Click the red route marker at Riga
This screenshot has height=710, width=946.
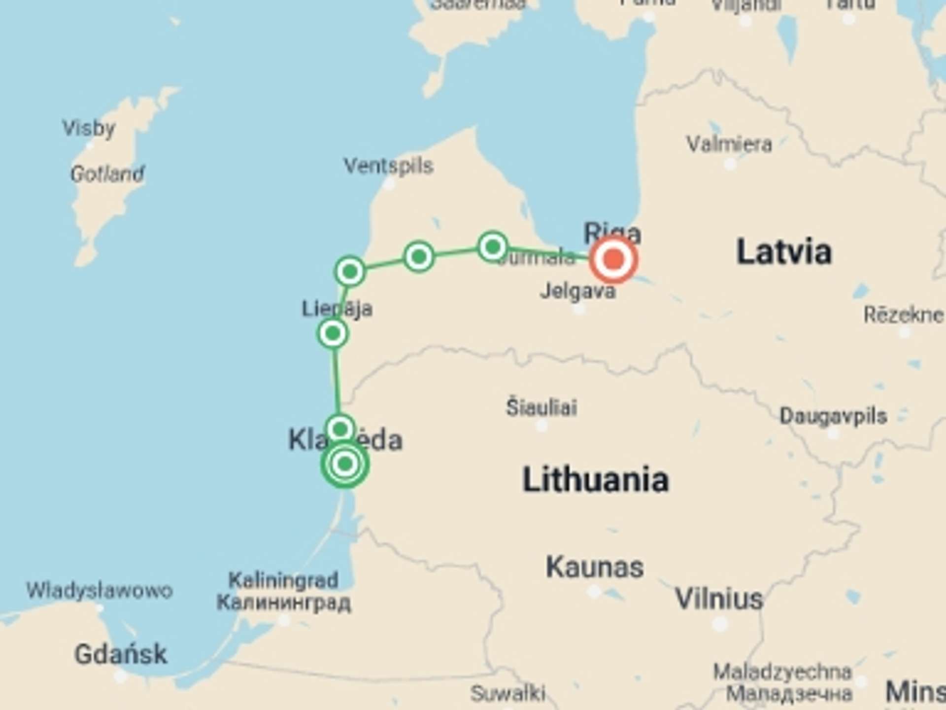[613, 259]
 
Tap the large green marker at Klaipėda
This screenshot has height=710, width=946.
[344, 464]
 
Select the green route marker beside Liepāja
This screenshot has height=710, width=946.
[333, 334]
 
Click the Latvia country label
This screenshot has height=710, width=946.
[784, 252]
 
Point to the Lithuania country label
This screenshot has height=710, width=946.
[595, 479]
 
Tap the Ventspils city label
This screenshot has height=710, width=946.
[388, 166]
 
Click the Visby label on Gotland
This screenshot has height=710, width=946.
[89, 129]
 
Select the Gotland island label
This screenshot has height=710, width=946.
[107, 174]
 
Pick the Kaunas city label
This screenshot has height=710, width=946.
[595, 568]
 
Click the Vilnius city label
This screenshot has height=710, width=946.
[719, 599]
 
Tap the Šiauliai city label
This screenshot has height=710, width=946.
[541, 408]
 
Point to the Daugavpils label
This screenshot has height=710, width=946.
[833, 417]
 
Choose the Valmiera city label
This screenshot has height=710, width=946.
[729, 144]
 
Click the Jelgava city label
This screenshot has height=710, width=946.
[578, 291]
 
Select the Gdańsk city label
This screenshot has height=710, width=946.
[121, 654]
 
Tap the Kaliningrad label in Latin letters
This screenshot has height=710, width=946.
[283, 580]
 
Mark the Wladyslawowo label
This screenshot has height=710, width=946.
[100, 590]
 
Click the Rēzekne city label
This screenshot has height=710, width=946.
[904, 315]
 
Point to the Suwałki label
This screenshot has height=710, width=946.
[508, 693]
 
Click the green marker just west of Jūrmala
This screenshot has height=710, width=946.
[493, 246]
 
